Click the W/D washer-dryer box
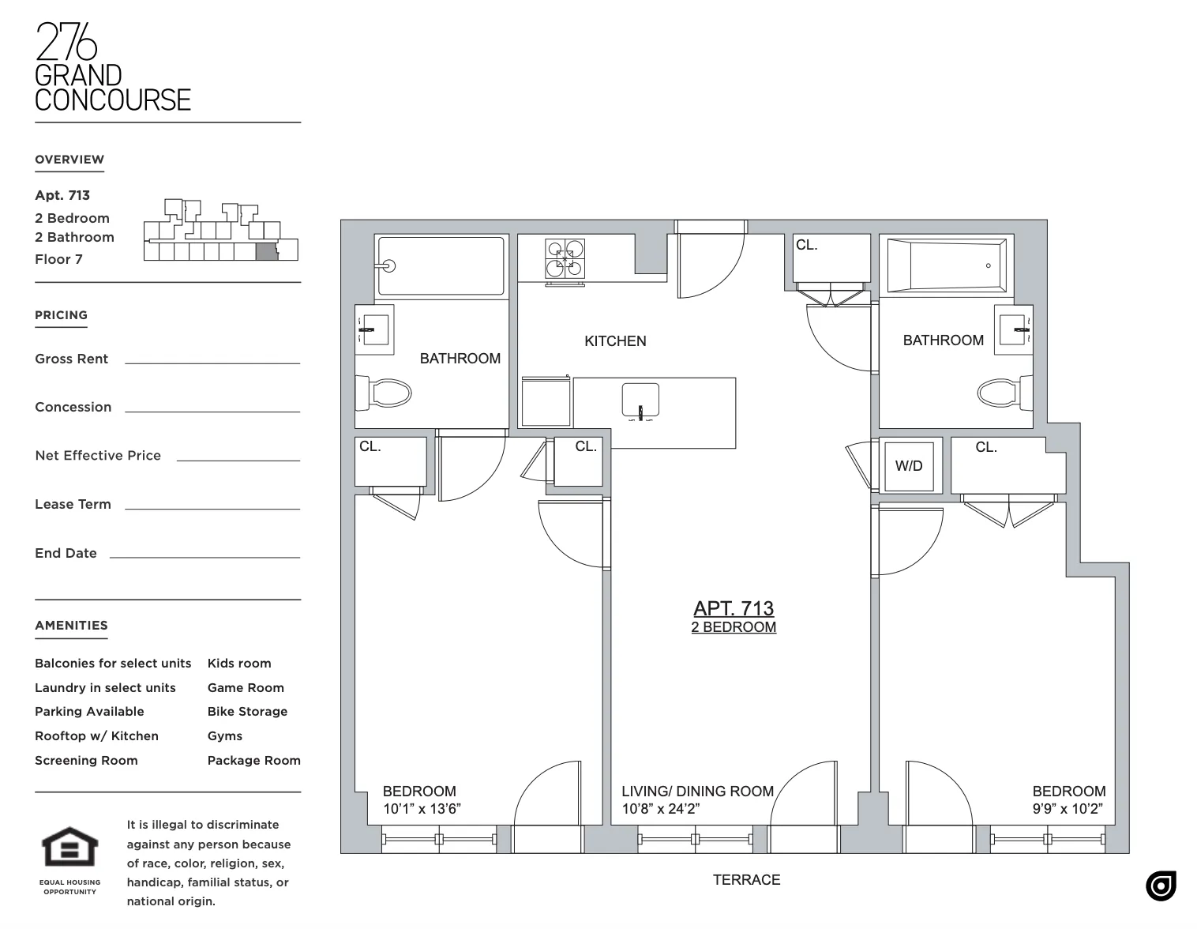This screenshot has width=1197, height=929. (910, 465)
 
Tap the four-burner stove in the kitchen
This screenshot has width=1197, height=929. (565, 258)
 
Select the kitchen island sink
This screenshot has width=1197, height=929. (640, 401)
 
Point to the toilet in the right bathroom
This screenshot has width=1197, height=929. (1000, 392)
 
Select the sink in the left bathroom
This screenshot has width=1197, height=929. (374, 325)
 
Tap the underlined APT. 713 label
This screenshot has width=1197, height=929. (734, 608)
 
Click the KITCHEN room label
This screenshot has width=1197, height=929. (615, 341)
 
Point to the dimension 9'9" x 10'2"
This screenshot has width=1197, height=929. (1068, 809)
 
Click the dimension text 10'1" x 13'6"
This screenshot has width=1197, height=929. (422, 809)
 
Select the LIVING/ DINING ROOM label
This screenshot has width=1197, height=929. (697, 792)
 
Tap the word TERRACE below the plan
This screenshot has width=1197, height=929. (746, 880)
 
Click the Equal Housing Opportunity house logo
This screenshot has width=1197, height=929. (70, 847)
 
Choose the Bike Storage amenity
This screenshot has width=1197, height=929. (247, 712)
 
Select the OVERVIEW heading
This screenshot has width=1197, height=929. (69, 160)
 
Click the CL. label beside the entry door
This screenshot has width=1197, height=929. (806, 245)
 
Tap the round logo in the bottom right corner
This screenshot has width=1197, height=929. (1161, 886)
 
